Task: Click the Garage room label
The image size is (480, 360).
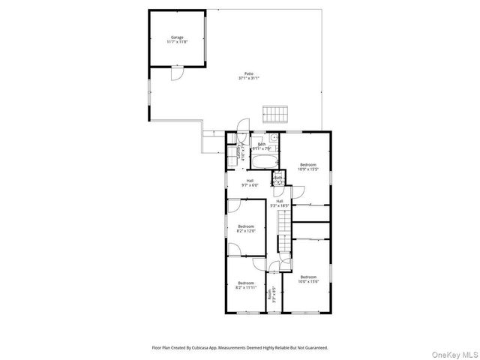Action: [x=177, y=37]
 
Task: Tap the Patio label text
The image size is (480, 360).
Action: [x=248, y=73]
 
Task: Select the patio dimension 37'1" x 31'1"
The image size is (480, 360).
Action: [x=248, y=78]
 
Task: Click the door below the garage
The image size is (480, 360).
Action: [x=175, y=73]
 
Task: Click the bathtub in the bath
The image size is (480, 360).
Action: [x=264, y=160]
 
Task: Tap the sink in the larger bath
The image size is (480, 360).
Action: [x=274, y=139]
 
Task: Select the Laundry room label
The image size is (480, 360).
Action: [x=239, y=153]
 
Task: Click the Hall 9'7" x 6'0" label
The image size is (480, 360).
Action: [x=249, y=182]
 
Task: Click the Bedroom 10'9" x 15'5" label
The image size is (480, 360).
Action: [x=308, y=166]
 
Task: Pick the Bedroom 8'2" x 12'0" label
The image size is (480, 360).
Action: [x=247, y=228]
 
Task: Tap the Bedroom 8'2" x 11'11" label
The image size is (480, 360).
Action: [x=246, y=285]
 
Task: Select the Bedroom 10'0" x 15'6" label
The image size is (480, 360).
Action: [x=308, y=278]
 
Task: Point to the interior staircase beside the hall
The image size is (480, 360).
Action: [x=283, y=232]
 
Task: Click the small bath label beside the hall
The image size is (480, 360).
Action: [x=277, y=179]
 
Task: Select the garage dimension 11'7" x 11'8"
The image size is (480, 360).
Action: [x=177, y=41]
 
